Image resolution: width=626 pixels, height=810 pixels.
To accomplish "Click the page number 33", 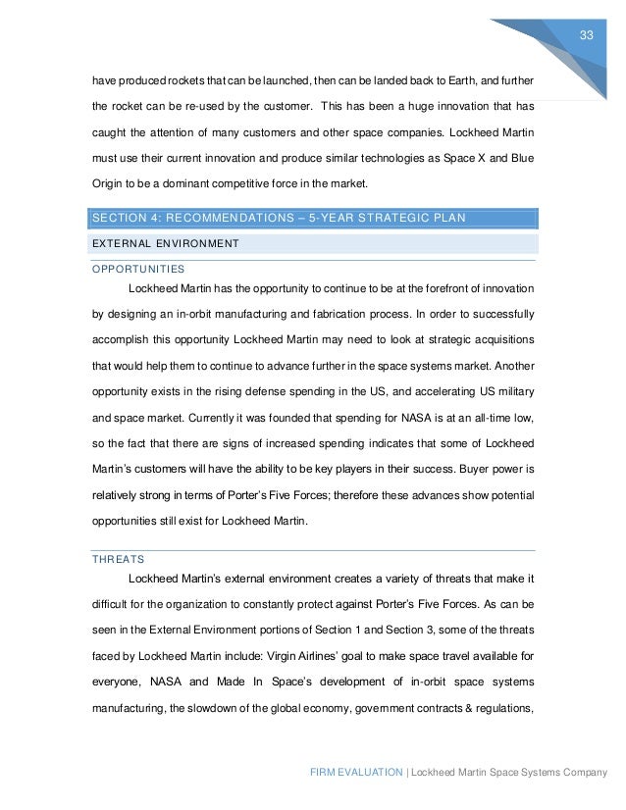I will coord(588,35).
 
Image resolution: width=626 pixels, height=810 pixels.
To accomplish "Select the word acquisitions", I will coord(498,341).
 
